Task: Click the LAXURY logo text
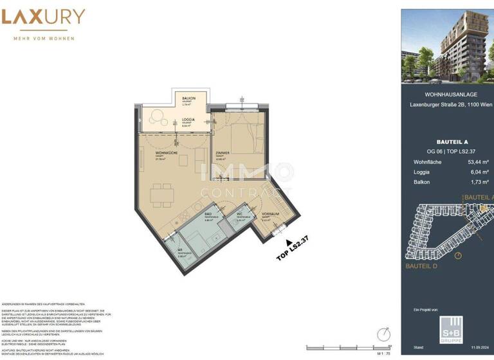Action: click(x=44, y=17)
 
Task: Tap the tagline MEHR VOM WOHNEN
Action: click(x=44, y=39)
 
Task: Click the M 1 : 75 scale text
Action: click(x=384, y=353)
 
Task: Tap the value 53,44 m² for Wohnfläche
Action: click(x=477, y=163)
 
